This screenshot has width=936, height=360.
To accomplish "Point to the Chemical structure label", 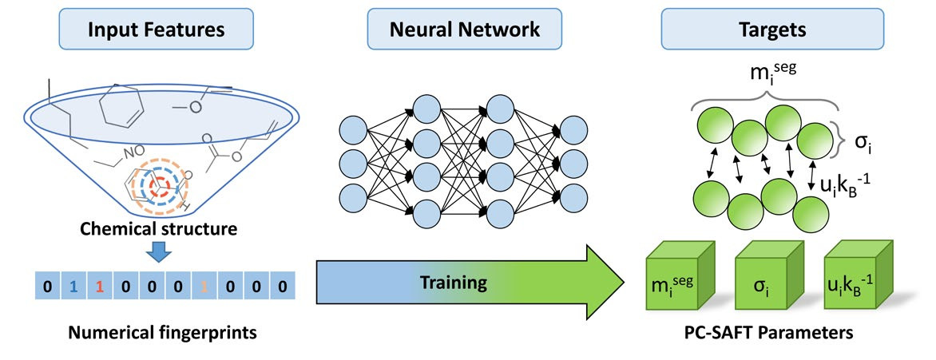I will click(157, 231).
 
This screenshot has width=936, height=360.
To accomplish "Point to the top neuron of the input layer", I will click(353, 129).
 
